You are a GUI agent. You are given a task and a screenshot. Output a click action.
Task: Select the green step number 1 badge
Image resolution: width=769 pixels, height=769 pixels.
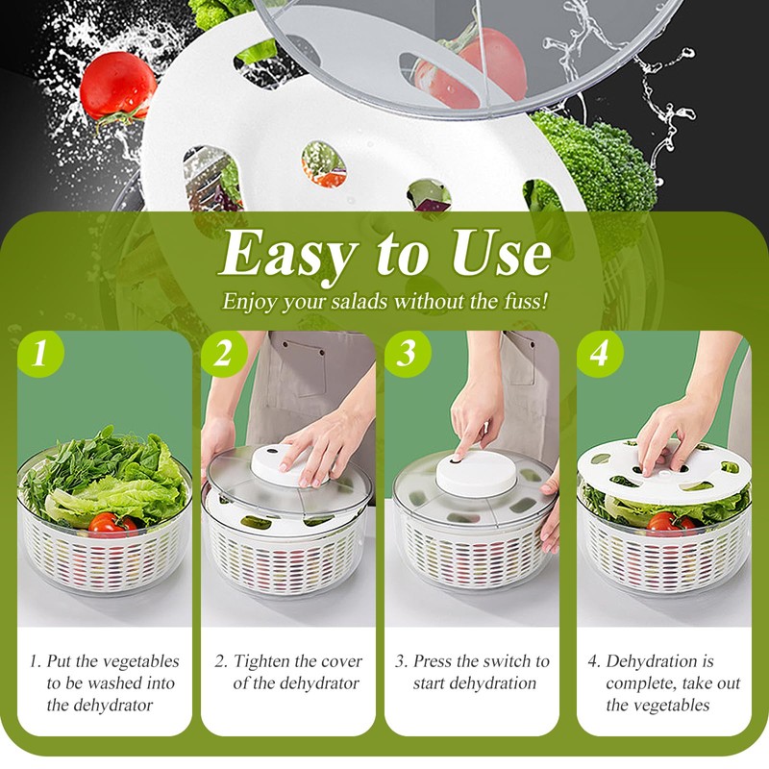[x=39, y=354]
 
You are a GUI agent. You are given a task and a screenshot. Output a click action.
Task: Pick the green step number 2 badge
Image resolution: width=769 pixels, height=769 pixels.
[x=224, y=354]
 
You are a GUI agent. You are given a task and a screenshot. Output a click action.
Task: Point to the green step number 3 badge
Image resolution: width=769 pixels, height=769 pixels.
[x=408, y=354]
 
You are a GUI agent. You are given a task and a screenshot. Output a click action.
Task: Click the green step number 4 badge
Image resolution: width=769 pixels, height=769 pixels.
[x=599, y=354]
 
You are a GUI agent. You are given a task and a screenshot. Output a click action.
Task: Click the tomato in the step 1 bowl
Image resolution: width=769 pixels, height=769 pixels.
[x=109, y=524]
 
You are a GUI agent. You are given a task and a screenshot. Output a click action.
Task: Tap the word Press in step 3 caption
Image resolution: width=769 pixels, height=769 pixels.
[x=434, y=661]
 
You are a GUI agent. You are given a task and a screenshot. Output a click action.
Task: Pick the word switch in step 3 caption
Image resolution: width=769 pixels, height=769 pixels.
[x=512, y=661]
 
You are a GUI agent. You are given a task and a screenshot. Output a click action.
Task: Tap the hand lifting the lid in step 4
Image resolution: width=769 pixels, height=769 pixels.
[x=682, y=428]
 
